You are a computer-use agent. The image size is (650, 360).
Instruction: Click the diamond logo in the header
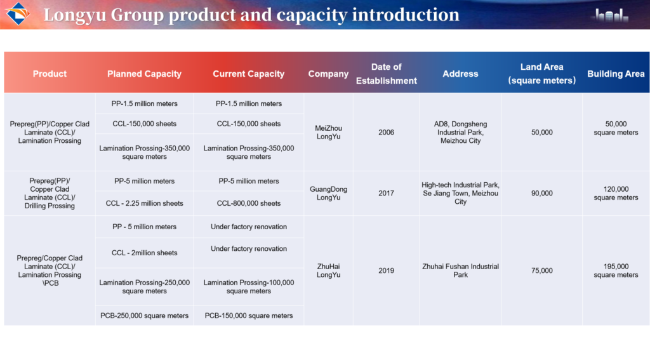tap(17, 14)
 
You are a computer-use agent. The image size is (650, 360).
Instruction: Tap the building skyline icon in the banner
tap(611, 15)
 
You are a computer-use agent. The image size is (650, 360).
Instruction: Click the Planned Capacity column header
tap(144, 74)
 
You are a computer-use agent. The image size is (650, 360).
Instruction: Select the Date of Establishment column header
tap(387, 74)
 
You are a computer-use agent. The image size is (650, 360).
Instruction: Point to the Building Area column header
tap(616, 74)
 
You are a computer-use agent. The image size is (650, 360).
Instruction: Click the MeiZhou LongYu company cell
tap(328, 132)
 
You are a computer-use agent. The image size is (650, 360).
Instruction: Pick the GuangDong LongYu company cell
tap(328, 193)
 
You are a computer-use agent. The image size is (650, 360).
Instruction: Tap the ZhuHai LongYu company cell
tap(328, 270)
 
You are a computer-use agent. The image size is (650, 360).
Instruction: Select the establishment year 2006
tap(386, 132)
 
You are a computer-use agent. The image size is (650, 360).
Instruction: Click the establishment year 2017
tap(386, 193)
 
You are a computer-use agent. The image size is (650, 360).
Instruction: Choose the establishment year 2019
tap(386, 270)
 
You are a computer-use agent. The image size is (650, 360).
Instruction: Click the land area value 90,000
tap(542, 193)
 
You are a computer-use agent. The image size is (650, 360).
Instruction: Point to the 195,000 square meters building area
tap(616, 270)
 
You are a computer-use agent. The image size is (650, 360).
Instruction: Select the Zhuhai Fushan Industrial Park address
tap(460, 270)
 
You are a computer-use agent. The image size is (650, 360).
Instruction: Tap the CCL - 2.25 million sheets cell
tap(144, 203)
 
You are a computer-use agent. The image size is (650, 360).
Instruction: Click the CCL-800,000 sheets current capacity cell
tap(249, 203)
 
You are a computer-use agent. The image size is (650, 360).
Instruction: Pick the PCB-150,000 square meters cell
tap(249, 316)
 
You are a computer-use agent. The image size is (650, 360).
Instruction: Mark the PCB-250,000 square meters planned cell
tap(144, 316)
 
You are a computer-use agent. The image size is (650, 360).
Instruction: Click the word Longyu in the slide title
tap(75, 15)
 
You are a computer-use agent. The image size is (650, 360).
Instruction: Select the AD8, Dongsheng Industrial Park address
tap(460, 132)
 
